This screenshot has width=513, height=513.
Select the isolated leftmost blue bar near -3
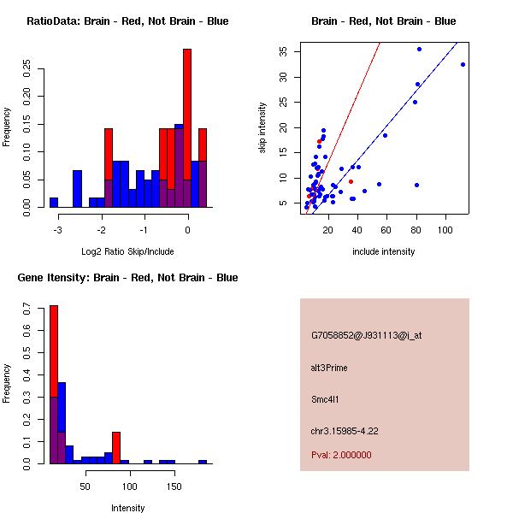[x=54, y=203]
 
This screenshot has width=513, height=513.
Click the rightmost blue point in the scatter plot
[x=463, y=64]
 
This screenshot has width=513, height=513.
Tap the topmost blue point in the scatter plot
[x=419, y=50]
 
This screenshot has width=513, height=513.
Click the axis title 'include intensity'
[x=383, y=251]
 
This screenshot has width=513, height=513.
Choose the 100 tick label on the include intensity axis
[x=445, y=230]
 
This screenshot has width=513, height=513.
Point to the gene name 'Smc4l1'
[x=328, y=399]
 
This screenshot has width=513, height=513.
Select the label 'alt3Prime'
[x=329, y=369]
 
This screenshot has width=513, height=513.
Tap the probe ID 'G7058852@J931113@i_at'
[x=366, y=335]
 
